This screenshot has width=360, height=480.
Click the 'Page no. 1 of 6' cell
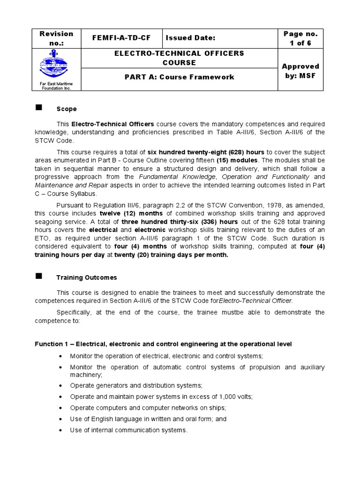pos(300,38)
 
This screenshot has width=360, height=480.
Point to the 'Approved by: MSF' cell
pos(300,71)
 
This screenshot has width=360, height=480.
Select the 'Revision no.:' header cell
pos(56,38)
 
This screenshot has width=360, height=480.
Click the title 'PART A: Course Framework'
pos(179,77)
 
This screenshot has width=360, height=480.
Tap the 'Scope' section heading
pos(67,109)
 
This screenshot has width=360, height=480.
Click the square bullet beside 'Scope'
pos(39,108)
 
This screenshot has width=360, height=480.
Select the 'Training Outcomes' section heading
pos(87,277)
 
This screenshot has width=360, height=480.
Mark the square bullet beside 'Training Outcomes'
pos(39,277)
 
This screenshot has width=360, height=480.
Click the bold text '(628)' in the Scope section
pos(225,152)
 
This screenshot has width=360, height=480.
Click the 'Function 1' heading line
pos(163,344)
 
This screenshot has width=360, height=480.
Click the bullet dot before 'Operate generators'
pos(61,385)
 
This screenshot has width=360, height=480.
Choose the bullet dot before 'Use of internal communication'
pos(61,430)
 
